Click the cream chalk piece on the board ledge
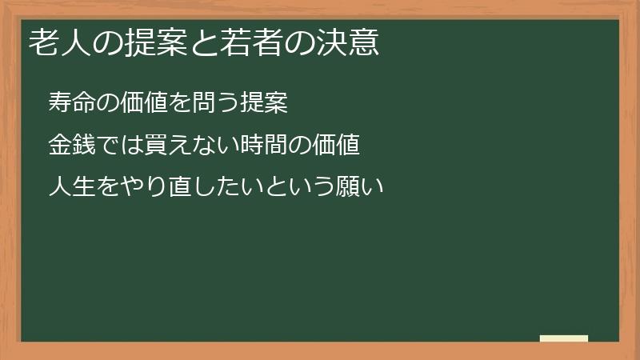[564, 338]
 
